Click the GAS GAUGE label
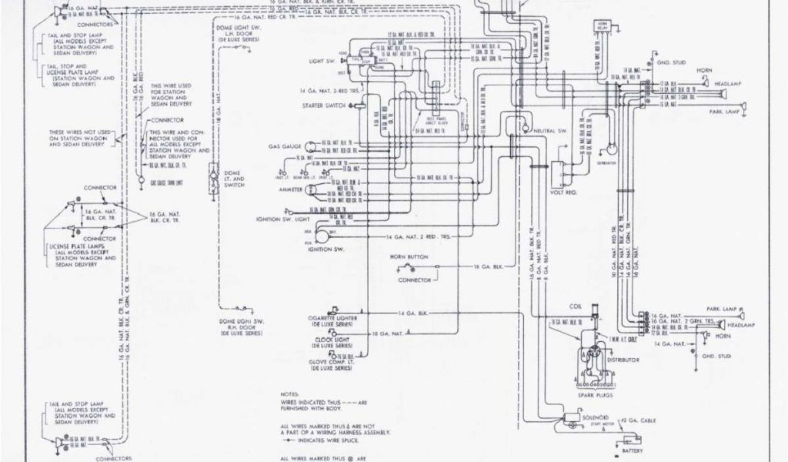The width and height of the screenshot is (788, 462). point(285,144)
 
